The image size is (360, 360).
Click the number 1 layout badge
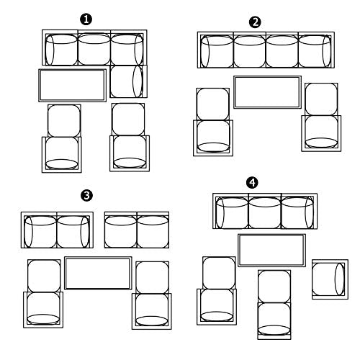[x=86, y=19]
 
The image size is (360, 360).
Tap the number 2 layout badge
[x=255, y=22]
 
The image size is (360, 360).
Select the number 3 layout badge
[x=86, y=195]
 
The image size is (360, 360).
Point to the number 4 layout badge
[x=252, y=183]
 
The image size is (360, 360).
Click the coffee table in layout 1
[x=73, y=86]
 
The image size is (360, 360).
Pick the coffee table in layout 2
[x=268, y=92]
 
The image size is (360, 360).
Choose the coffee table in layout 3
[x=98, y=273]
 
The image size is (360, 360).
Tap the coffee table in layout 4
[x=272, y=251]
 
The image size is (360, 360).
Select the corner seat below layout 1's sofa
[x=128, y=81]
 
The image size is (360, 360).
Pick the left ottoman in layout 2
[x=213, y=104]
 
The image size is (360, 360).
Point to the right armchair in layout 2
[x=321, y=133]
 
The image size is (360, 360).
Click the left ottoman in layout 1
[x=64, y=120]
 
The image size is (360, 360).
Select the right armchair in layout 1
[x=130, y=153]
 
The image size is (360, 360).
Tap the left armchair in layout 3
[x=43, y=310]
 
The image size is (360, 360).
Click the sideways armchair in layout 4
[x=330, y=279]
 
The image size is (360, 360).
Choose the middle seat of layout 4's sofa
[x=265, y=211]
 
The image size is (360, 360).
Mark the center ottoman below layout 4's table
[x=274, y=287]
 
